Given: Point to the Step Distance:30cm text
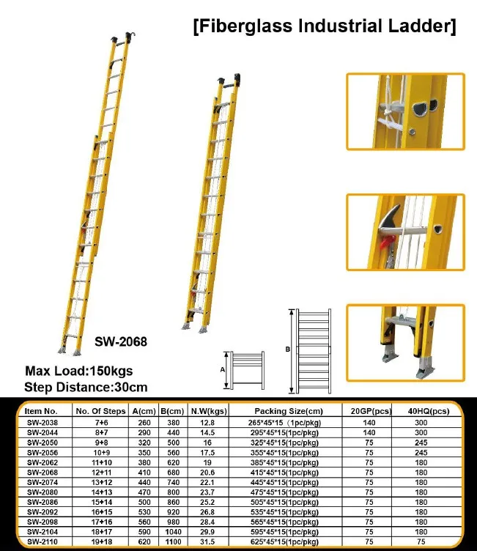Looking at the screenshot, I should tap(86, 387).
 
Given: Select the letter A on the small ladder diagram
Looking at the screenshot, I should tap(222, 370).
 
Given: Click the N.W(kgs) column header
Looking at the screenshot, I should tap(208, 412).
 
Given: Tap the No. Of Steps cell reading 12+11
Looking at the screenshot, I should tap(103, 472).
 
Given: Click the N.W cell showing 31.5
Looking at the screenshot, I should tap(207, 541).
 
